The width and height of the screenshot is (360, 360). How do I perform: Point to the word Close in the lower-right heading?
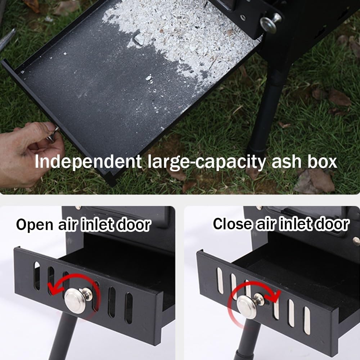[x=232, y=224]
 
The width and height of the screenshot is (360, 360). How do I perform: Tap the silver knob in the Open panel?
[x=76, y=300]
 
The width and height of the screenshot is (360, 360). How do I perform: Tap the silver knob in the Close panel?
[x=247, y=306]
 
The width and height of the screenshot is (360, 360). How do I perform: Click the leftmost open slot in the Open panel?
[x=37, y=275]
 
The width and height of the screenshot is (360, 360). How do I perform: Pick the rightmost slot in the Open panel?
[x=129, y=307]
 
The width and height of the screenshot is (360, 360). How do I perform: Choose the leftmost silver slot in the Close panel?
[x=220, y=280]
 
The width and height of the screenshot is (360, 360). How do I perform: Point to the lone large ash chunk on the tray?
[x=139, y=39]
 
